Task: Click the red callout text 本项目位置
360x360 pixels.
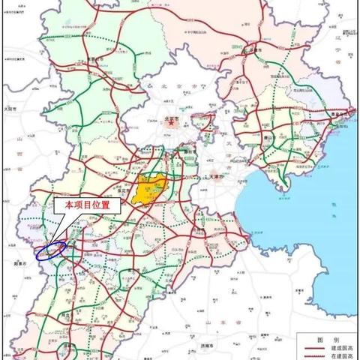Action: point(91,205)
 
